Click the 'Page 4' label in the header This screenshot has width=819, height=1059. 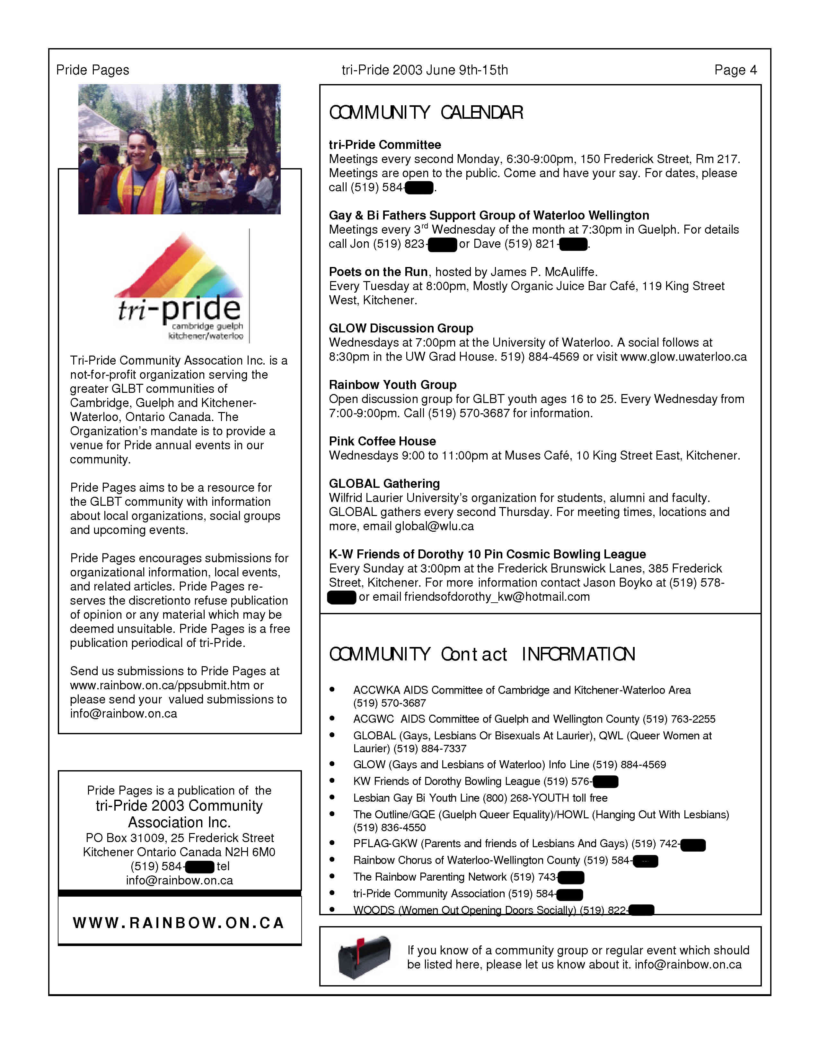[x=735, y=70]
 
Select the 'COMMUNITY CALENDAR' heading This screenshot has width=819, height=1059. [x=426, y=113]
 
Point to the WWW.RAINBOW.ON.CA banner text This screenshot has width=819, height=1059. [x=179, y=923]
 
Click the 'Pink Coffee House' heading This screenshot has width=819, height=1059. [x=382, y=441]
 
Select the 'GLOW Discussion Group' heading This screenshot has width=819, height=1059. [x=401, y=328]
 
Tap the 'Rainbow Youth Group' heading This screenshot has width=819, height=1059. [x=392, y=385]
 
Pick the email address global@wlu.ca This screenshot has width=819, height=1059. [x=434, y=526]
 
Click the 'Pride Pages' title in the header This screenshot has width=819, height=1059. [x=93, y=70]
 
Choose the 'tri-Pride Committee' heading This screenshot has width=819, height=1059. [x=385, y=145]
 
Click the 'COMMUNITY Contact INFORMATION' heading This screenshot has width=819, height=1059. [x=482, y=654]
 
